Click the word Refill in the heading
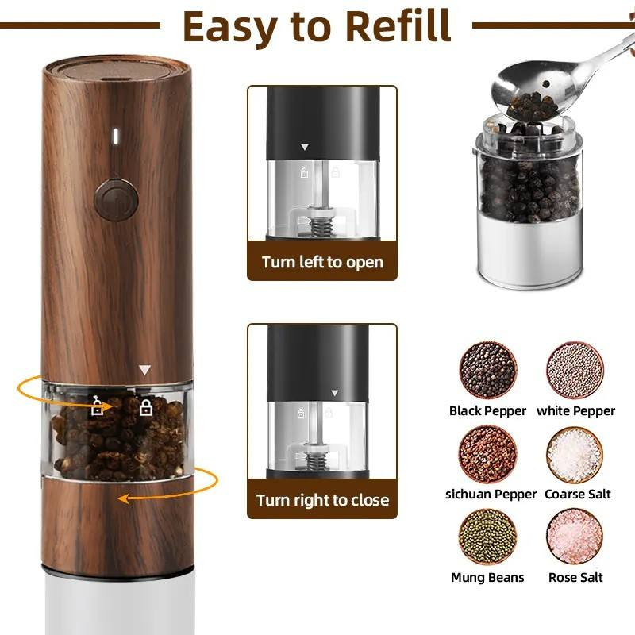click(398, 26)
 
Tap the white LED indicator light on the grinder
click(115, 136)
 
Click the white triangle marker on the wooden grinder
click(144, 369)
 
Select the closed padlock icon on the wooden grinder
click(146, 407)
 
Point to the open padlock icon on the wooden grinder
click(97, 406)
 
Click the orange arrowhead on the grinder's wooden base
click(124, 499)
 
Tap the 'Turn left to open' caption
click(322, 262)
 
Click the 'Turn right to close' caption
click(322, 500)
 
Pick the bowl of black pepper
click(488, 370)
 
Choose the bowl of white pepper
click(575, 370)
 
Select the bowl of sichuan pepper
click(488, 454)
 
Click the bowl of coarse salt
click(575, 455)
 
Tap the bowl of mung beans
click(488, 537)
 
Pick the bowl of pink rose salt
click(575, 537)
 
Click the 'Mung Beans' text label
click(487, 578)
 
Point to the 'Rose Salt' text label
click(575, 578)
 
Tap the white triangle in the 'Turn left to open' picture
click(305, 147)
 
